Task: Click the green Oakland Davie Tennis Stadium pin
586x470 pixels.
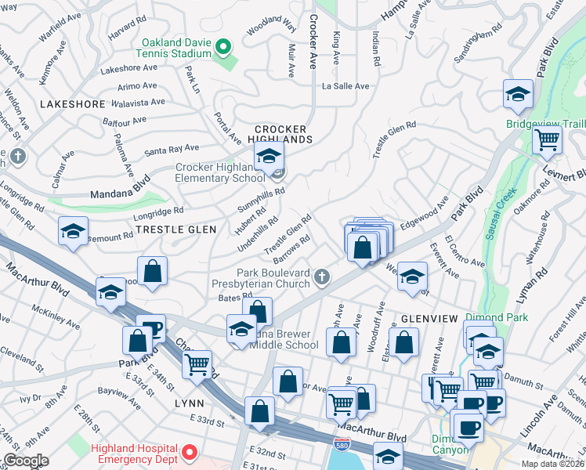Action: pyautogui.click(x=224, y=47)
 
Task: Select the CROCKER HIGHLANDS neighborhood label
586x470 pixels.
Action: pyautogui.click(x=282, y=133)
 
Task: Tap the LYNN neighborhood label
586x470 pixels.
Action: pyautogui.click(x=190, y=403)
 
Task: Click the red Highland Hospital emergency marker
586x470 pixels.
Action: pyautogui.click(x=188, y=452)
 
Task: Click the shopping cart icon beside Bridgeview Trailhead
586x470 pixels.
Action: pyautogui.click(x=547, y=141)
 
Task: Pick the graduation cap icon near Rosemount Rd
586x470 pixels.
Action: pyautogui.click(x=73, y=232)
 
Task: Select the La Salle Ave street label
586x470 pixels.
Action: pyautogui.click(x=345, y=86)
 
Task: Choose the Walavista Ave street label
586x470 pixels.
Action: pyautogui.click(x=138, y=103)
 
